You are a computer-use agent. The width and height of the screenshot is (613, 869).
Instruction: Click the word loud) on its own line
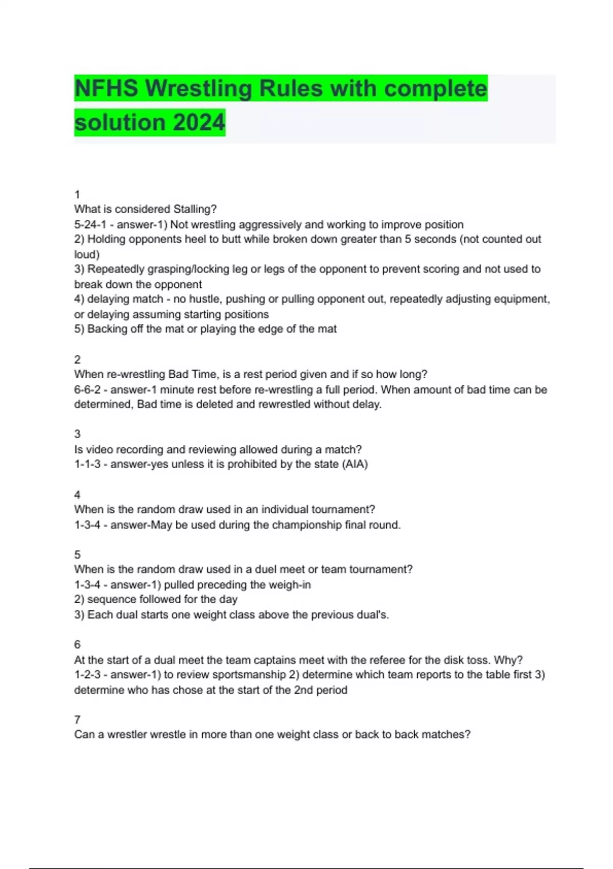pos(87,254)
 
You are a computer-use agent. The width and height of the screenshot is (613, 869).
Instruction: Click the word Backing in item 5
pos(107,329)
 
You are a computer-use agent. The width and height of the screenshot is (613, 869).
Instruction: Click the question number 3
pos(77,434)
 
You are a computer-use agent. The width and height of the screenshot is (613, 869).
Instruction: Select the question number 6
pos(77,644)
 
